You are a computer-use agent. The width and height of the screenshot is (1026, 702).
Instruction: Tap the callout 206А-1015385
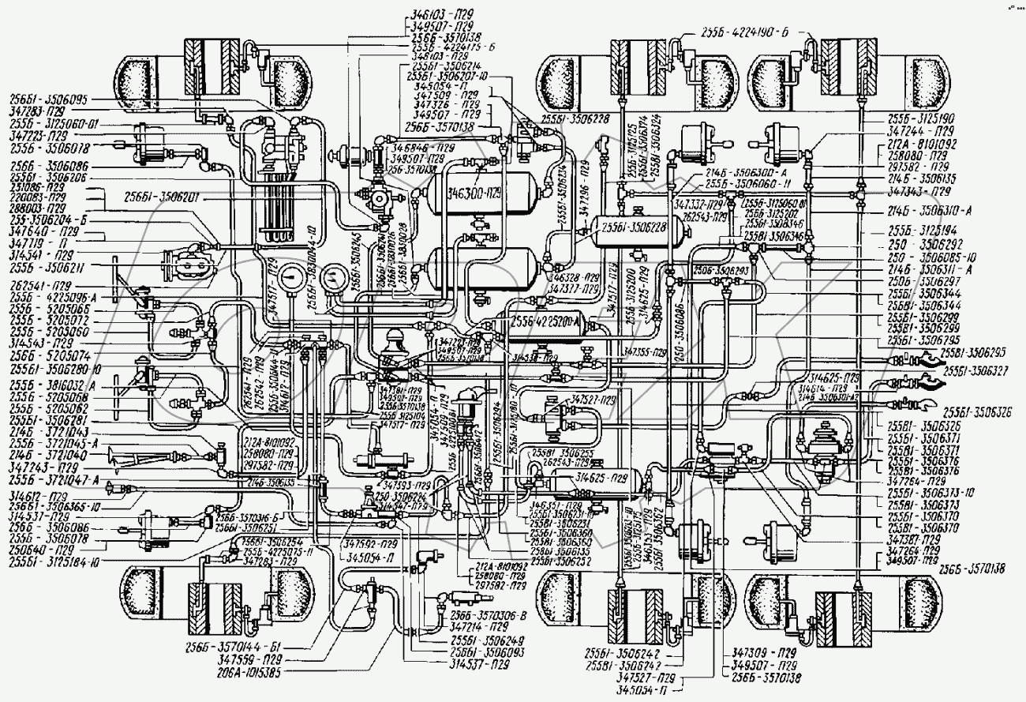[x=234, y=673]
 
